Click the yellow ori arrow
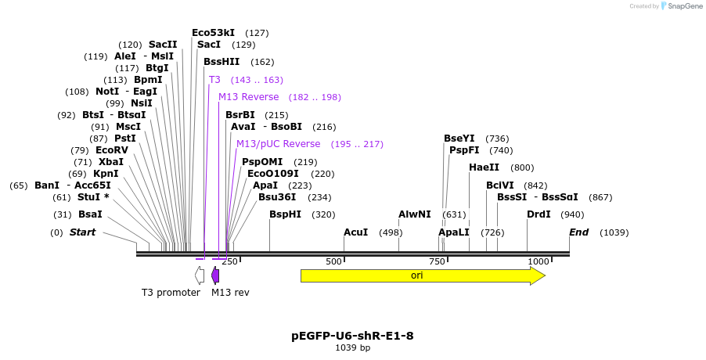point(422,275)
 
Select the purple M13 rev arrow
point(215,275)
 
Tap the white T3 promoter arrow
point(200,275)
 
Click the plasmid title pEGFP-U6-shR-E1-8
point(352,336)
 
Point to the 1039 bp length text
point(352,347)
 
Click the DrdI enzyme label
point(539,214)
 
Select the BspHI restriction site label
point(285,214)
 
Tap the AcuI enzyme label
point(355,232)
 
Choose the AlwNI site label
point(414,214)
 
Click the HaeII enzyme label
point(484,167)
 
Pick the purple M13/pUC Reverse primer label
point(278,144)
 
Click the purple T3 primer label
point(214,80)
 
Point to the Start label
point(82,232)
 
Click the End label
point(578,232)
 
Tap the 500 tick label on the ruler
point(334,261)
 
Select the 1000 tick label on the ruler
point(538,261)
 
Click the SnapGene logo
point(681,6)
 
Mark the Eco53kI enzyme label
point(213,33)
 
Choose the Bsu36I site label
point(277,197)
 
